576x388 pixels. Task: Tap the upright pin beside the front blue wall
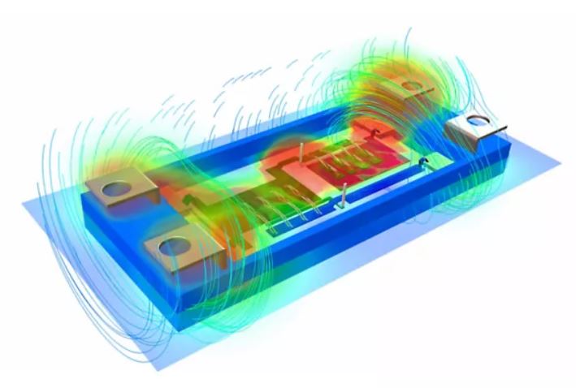click(344, 195)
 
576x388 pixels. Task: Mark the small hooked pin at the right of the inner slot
click(422, 165)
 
